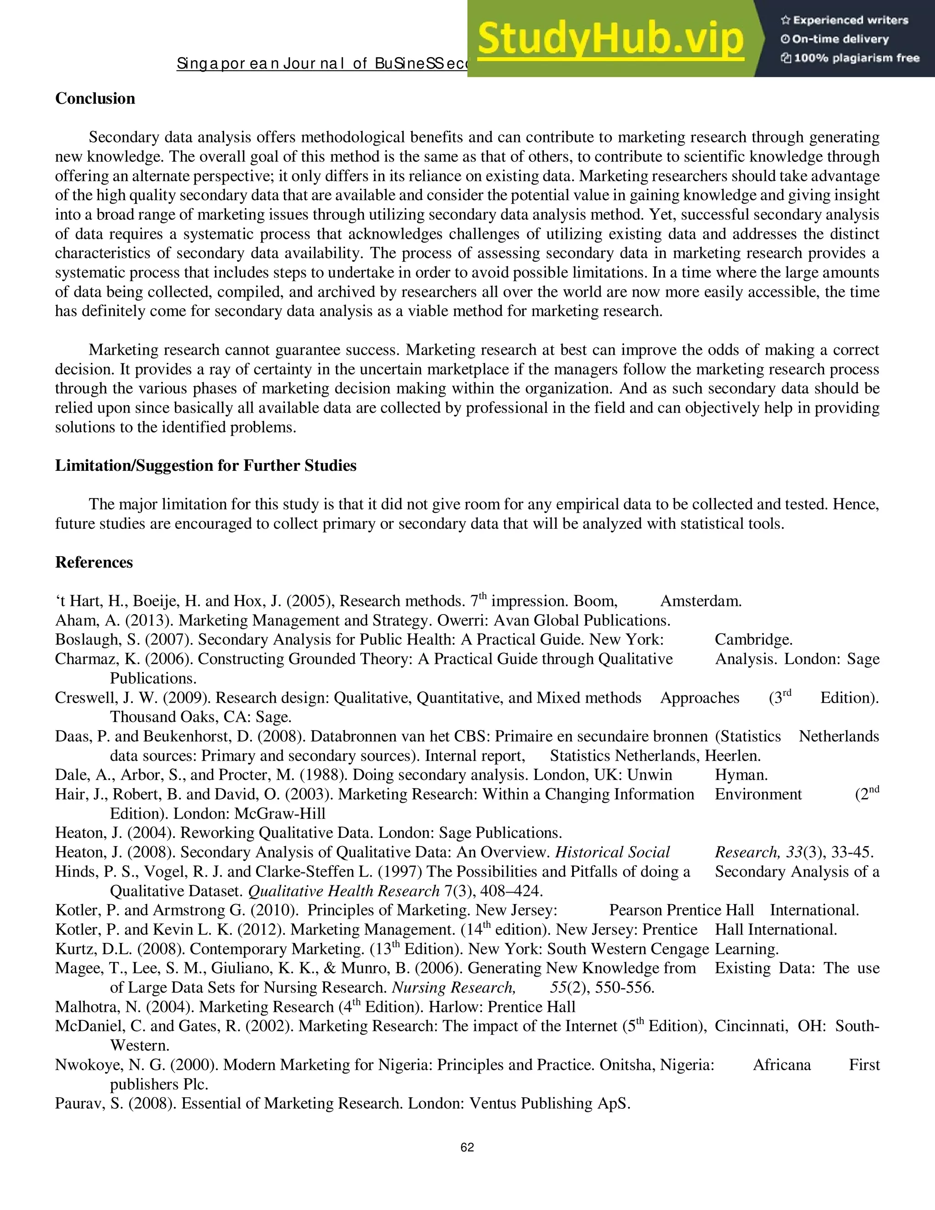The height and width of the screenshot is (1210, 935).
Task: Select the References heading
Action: [94, 563]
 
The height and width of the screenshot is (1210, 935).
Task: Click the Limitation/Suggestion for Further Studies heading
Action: [205, 465]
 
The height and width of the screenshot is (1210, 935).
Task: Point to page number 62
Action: [467, 1147]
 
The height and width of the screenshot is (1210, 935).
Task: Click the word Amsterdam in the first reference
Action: [700, 601]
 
